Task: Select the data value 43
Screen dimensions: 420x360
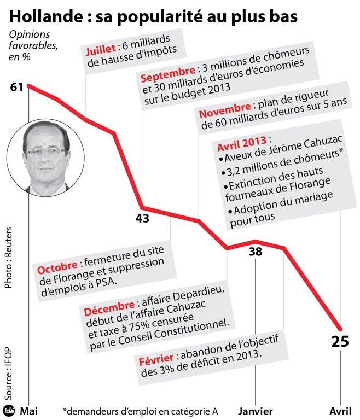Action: [x=143, y=219]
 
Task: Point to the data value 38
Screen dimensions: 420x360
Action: [x=256, y=252]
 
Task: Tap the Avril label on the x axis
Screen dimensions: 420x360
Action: [x=340, y=411]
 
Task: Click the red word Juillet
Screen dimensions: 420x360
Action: [x=101, y=51]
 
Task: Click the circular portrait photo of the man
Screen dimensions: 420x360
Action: [x=48, y=159]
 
